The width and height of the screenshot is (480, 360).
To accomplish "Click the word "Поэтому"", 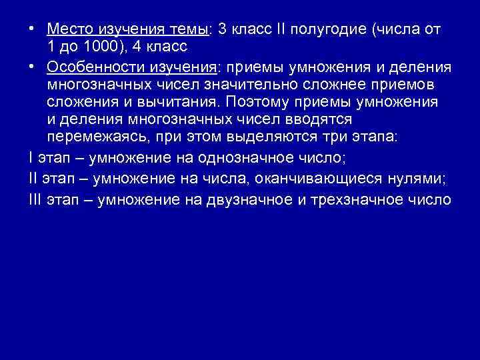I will click(x=253, y=102).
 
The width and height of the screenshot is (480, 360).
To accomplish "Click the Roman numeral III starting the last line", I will click(x=36, y=201).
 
